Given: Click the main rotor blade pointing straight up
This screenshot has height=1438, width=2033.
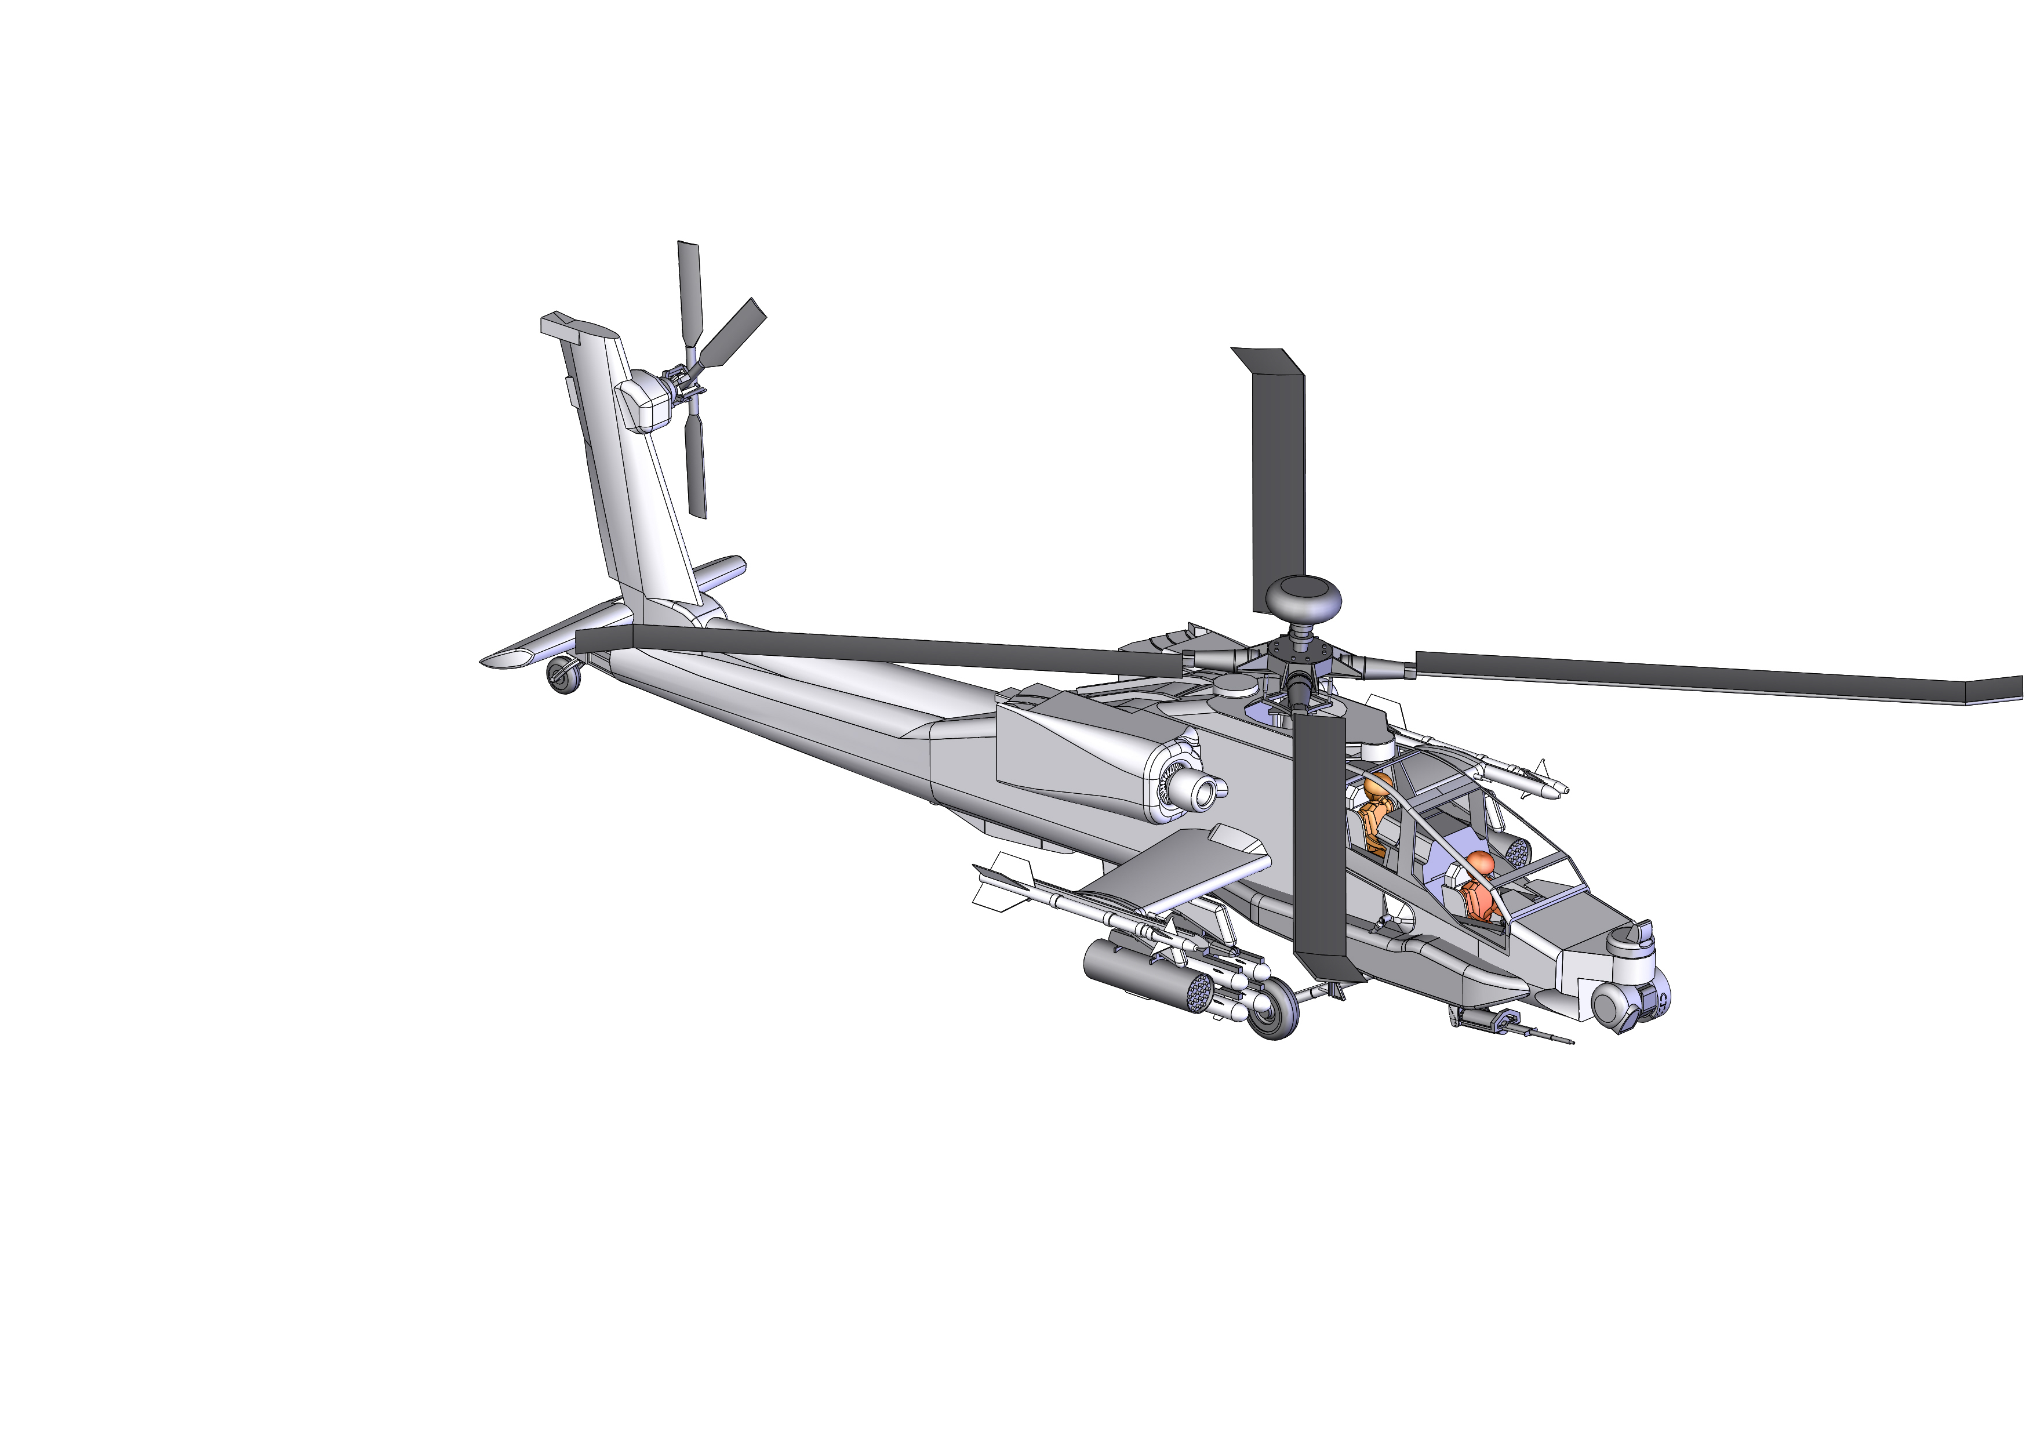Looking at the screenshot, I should (x=1279, y=478).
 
